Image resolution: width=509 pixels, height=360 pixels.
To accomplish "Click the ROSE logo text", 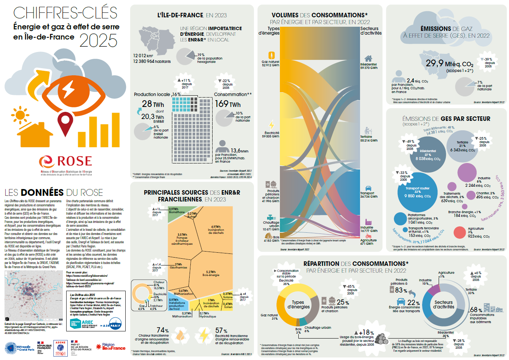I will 74,161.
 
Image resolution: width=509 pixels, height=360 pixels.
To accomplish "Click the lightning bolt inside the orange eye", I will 68,90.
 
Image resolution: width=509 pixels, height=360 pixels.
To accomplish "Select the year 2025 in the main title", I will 98,41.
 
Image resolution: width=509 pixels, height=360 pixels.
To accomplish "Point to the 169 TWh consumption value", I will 227,104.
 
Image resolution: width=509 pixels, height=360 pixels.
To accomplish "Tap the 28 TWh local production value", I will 153,104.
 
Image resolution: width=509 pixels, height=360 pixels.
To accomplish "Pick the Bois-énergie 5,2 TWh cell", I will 213,273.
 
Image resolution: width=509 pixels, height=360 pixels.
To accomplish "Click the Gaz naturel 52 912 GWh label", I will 270,63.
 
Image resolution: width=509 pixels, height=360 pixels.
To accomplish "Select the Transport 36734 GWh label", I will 369,195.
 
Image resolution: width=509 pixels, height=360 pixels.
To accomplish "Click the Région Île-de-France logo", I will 111,346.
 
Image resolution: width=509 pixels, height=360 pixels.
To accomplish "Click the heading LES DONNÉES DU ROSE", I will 53,192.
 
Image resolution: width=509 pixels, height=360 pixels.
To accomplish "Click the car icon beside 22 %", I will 401,302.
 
